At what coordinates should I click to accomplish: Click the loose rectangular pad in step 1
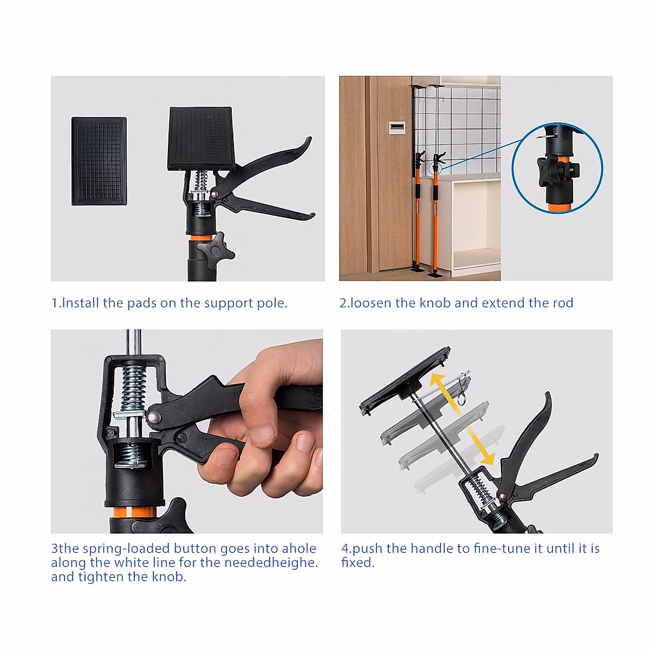(x=99, y=161)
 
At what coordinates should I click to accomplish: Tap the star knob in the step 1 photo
(x=215, y=250)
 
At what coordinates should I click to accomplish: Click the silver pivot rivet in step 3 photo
(x=154, y=417)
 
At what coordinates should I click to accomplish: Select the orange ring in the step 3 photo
(x=135, y=512)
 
